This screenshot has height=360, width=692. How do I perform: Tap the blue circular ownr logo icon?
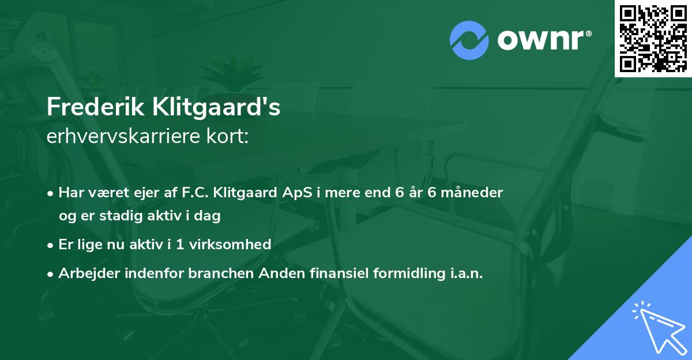(469, 40)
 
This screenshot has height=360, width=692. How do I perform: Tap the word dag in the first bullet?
(209, 216)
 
